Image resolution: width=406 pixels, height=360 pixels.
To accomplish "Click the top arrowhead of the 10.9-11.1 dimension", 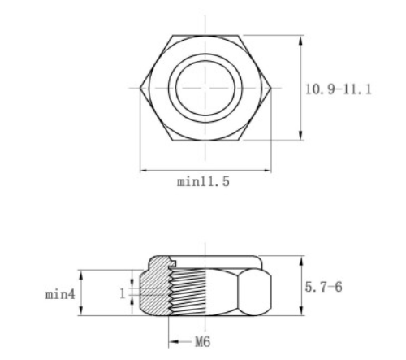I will [x=301, y=38].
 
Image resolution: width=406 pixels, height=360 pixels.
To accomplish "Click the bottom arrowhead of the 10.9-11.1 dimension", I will [x=301, y=137].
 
